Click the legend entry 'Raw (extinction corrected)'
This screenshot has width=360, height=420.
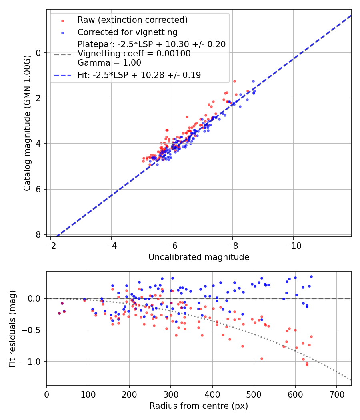(x=132, y=20)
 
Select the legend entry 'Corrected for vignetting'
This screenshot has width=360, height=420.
(x=127, y=32)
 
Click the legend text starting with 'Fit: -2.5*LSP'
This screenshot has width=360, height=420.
(x=139, y=75)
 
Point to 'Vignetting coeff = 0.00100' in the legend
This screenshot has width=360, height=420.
(x=134, y=54)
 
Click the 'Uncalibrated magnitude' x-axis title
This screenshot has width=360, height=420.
(x=199, y=257)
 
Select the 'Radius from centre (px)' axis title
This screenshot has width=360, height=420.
(x=199, y=406)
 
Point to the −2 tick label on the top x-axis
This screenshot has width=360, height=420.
(x=51, y=245)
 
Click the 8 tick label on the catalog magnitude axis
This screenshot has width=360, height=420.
(x=38, y=234)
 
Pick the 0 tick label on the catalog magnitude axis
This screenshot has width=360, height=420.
(x=38, y=53)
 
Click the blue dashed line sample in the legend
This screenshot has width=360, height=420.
(x=63, y=75)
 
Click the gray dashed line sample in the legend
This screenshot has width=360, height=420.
(x=63, y=54)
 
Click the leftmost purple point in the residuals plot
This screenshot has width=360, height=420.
(x=59, y=313)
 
